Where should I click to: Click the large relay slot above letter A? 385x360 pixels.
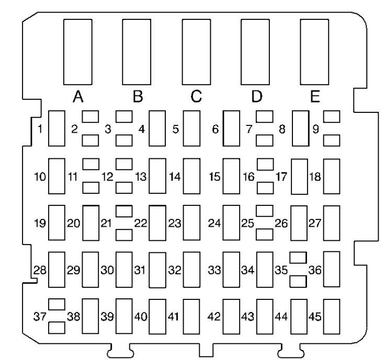(x=78, y=52)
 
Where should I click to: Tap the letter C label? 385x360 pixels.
(x=196, y=96)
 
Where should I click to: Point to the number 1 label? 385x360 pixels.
(x=40, y=129)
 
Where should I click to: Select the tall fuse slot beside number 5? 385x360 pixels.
(x=191, y=128)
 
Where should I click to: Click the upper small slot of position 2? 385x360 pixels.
(x=90, y=117)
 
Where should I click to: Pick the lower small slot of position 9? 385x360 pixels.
(x=332, y=141)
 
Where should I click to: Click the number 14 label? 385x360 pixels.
(x=175, y=177)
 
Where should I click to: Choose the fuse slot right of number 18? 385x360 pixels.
(x=332, y=176)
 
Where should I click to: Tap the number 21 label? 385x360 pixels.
(x=106, y=223)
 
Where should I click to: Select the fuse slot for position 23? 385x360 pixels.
(x=191, y=223)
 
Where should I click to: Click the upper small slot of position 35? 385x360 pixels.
(x=298, y=258)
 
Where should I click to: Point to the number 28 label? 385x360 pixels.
(x=40, y=270)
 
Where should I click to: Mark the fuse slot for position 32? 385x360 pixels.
(x=191, y=270)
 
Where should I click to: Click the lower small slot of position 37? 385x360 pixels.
(x=56, y=328)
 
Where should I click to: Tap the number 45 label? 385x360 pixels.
(x=315, y=317)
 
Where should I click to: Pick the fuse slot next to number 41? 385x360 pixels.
(x=191, y=317)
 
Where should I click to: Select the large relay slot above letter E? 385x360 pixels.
(x=314, y=52)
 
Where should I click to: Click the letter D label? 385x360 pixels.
(x=257, y=96)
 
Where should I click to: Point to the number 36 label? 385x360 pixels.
(x=315, y=270)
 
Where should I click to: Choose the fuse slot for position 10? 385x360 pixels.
(x=56, y=176)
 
